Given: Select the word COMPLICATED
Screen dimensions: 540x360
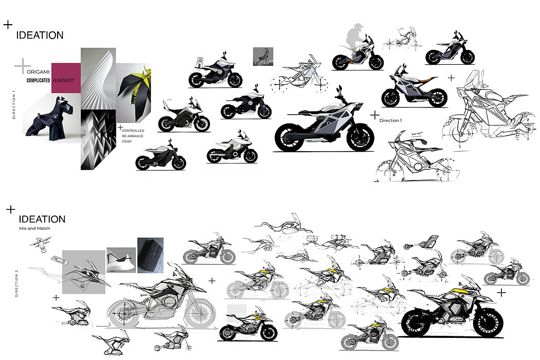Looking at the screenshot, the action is pyautogui.click(x=38, y=81).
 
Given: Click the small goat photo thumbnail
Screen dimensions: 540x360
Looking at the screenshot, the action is pyautogui.click(x=263, y=56).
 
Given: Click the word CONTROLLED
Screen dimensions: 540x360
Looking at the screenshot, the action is pyautogui.click(x=133, y=131).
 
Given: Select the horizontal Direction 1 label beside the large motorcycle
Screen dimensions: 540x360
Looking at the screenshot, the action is pyautogui.click(x=390, y=120).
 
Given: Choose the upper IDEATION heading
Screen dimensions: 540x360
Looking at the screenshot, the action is pyautogui.click(x=40, y=35).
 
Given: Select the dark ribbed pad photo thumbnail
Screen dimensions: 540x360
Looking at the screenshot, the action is pyautogui.click(x=150, y=255).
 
